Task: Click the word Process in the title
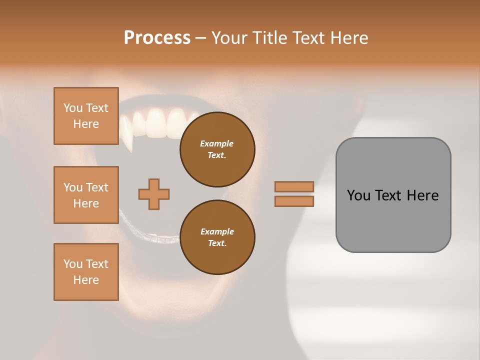[157, 38]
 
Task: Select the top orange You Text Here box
[86, 116]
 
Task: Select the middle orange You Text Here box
[86, 195]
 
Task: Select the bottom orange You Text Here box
[86, 272]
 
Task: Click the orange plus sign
[154, 194]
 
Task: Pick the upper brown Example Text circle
[217, 149]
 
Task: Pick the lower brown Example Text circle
[217, 237]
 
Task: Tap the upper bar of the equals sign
[294, 187]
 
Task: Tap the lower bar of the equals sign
[294, 201]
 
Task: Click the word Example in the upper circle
[217, 143]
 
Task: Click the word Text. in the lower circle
[217, 243]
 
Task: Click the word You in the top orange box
[72, 108]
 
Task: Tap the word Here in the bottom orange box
[86, 280]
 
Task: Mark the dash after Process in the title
[200, 38]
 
